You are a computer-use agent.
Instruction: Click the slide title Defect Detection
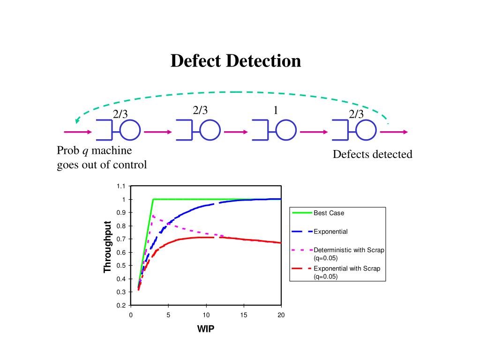click(x=235, y=61)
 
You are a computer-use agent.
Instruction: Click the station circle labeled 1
click(x=285, y=130)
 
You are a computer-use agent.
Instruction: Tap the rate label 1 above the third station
click(x=276, y=111)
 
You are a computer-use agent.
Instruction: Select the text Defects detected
click(x=373, y=154)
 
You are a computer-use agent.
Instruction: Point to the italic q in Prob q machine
click(x=85, y=151)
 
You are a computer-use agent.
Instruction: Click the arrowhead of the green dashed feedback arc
click(x=78, y=121)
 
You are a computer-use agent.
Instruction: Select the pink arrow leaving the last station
click(x=394, y=132)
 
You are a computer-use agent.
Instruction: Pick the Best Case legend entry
click(x=329, y=213)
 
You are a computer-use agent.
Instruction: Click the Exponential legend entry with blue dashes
click(x=330, y=232)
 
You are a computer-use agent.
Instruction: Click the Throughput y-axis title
click(x=108, y=246)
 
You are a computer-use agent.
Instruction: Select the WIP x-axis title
click(x=206, y=329)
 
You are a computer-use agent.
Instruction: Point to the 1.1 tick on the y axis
click(x=121, y=186)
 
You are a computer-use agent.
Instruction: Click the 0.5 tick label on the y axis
click(x=121, y=265)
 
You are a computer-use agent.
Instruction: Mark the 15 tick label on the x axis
click(x=244, y=315)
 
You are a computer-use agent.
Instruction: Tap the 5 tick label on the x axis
click(x=168, y=315)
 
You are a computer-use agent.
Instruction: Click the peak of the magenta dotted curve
click(x=153, y=215)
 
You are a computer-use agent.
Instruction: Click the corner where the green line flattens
click(x=153, y=199)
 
